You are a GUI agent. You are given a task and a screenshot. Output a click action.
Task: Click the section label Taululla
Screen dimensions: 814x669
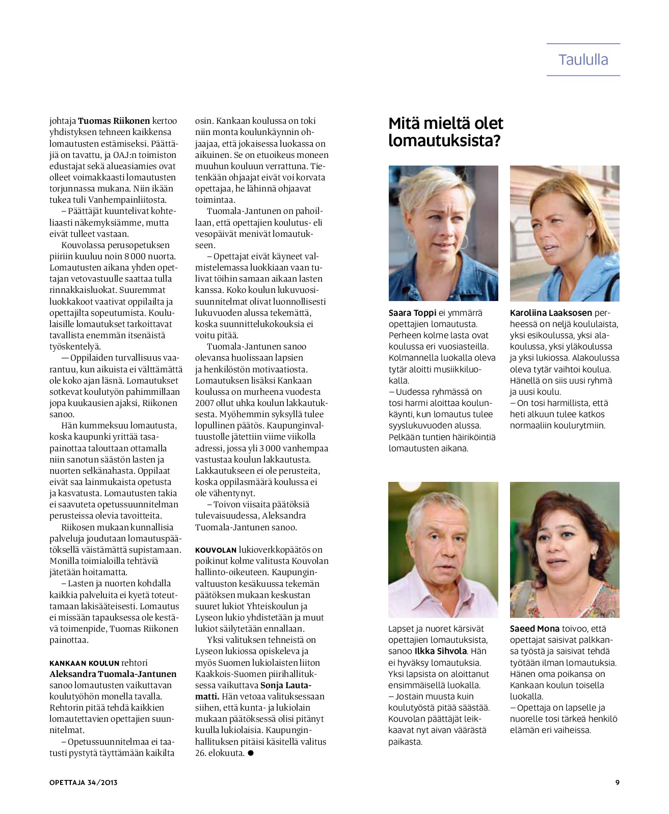583,60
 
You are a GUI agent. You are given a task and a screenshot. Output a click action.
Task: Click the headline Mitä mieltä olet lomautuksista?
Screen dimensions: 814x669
445,131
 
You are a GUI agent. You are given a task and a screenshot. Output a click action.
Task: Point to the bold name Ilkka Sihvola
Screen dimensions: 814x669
441,651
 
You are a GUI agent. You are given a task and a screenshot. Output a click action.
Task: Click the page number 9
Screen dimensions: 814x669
618,782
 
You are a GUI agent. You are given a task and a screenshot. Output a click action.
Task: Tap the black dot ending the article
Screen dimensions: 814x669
250,753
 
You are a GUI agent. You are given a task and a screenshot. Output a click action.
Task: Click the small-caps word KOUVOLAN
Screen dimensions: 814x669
216,550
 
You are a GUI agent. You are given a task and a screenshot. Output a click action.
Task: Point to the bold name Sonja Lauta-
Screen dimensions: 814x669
286,685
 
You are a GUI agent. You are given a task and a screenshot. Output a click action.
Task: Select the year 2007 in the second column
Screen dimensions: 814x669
204,403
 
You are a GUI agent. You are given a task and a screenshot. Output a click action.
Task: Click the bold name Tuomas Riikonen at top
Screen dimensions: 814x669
114,121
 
